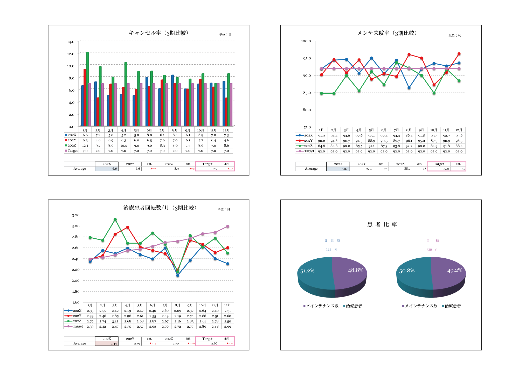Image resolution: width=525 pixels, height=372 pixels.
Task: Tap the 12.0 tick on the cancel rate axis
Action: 71,54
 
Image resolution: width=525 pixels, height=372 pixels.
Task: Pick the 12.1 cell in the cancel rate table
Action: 85,146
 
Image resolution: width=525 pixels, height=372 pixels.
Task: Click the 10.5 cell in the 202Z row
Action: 123,146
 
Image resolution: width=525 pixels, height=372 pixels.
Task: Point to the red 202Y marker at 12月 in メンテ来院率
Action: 459,54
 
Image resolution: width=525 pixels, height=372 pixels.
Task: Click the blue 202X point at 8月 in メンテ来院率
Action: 409,88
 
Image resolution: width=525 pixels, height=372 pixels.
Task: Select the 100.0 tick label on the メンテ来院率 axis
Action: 306,41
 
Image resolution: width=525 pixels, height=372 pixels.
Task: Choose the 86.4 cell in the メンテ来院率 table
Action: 409,135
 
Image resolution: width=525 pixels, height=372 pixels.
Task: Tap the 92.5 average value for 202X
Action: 345,169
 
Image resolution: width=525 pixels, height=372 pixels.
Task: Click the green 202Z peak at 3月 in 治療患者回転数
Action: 115,220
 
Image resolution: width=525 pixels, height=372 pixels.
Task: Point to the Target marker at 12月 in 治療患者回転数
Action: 227,226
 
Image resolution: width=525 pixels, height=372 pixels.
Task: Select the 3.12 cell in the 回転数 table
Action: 115,321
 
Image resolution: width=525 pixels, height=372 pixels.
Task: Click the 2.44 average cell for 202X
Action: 114,343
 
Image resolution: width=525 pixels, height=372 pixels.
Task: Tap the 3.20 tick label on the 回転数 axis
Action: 75,215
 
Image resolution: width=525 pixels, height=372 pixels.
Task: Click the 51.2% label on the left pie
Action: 307,271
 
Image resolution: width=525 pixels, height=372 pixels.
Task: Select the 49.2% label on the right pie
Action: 455,270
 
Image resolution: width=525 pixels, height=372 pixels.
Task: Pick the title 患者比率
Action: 382,224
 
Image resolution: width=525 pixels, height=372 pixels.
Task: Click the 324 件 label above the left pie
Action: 331,250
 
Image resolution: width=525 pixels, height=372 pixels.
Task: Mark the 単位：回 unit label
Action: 224,209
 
